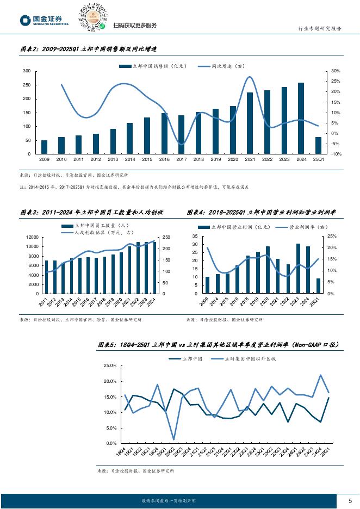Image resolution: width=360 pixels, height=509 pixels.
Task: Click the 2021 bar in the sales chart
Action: [x=250, y=123]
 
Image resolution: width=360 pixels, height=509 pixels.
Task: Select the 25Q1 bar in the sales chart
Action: [x=318, y=145]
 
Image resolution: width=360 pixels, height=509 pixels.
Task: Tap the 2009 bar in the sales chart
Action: [x=44, y=147]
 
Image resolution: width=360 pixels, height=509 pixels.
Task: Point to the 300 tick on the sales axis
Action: [x=27, y=71]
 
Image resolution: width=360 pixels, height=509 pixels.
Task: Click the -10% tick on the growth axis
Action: [x=336, y=154]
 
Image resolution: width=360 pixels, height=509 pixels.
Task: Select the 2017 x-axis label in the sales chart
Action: [x=181, y=160]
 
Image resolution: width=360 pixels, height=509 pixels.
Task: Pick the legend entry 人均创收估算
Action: [x=98, y=232]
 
